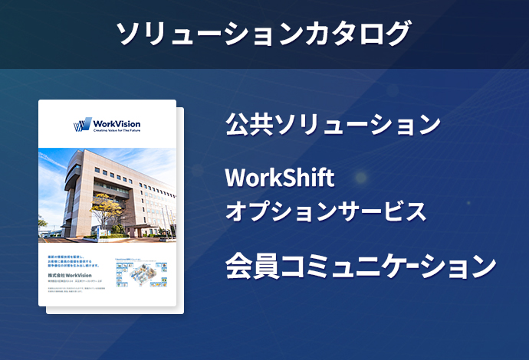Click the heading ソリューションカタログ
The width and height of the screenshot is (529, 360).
coord(264,33)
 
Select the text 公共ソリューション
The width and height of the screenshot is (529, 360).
coord(333,124)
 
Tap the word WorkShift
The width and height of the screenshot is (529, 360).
coord(280,178)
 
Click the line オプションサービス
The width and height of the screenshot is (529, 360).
coord(325,211)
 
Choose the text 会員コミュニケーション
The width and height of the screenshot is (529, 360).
coord(360,266)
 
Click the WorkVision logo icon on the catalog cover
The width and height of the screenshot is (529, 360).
coord(82,125)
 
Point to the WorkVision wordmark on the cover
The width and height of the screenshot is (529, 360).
coord(116,123)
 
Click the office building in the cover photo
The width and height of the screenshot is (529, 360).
coord(115,188)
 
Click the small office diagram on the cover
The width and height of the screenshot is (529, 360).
coord(144,271)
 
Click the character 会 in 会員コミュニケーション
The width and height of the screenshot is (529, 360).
coord(238,266)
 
